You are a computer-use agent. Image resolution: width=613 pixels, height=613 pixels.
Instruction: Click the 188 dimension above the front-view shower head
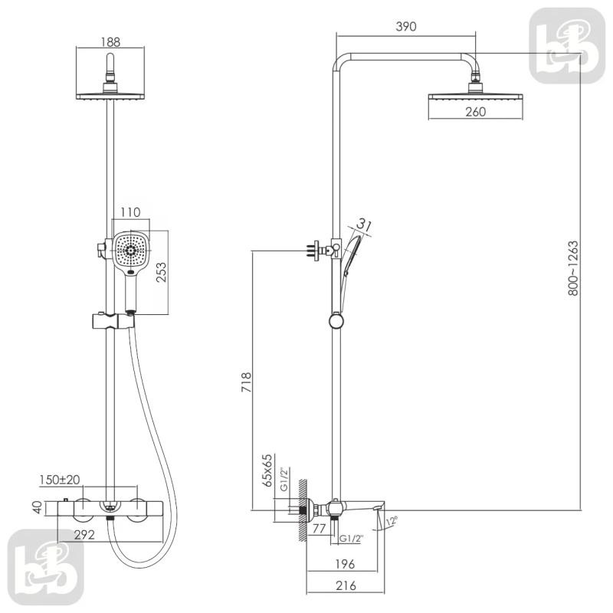110,42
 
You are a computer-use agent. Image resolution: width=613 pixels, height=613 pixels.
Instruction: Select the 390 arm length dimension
406,27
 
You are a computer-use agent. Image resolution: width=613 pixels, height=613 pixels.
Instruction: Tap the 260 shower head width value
475,112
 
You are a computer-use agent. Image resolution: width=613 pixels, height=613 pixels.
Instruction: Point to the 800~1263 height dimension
572,268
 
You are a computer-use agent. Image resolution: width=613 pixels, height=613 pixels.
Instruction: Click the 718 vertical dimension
246,382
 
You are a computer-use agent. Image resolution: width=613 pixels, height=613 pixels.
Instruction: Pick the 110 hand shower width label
130,212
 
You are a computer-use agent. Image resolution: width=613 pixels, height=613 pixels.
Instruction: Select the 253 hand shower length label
161,273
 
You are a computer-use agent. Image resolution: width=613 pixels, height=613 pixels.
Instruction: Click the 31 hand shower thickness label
363,225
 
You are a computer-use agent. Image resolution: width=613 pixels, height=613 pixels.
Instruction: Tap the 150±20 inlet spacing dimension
60,480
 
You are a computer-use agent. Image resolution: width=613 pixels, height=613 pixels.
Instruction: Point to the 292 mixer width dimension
84,534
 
